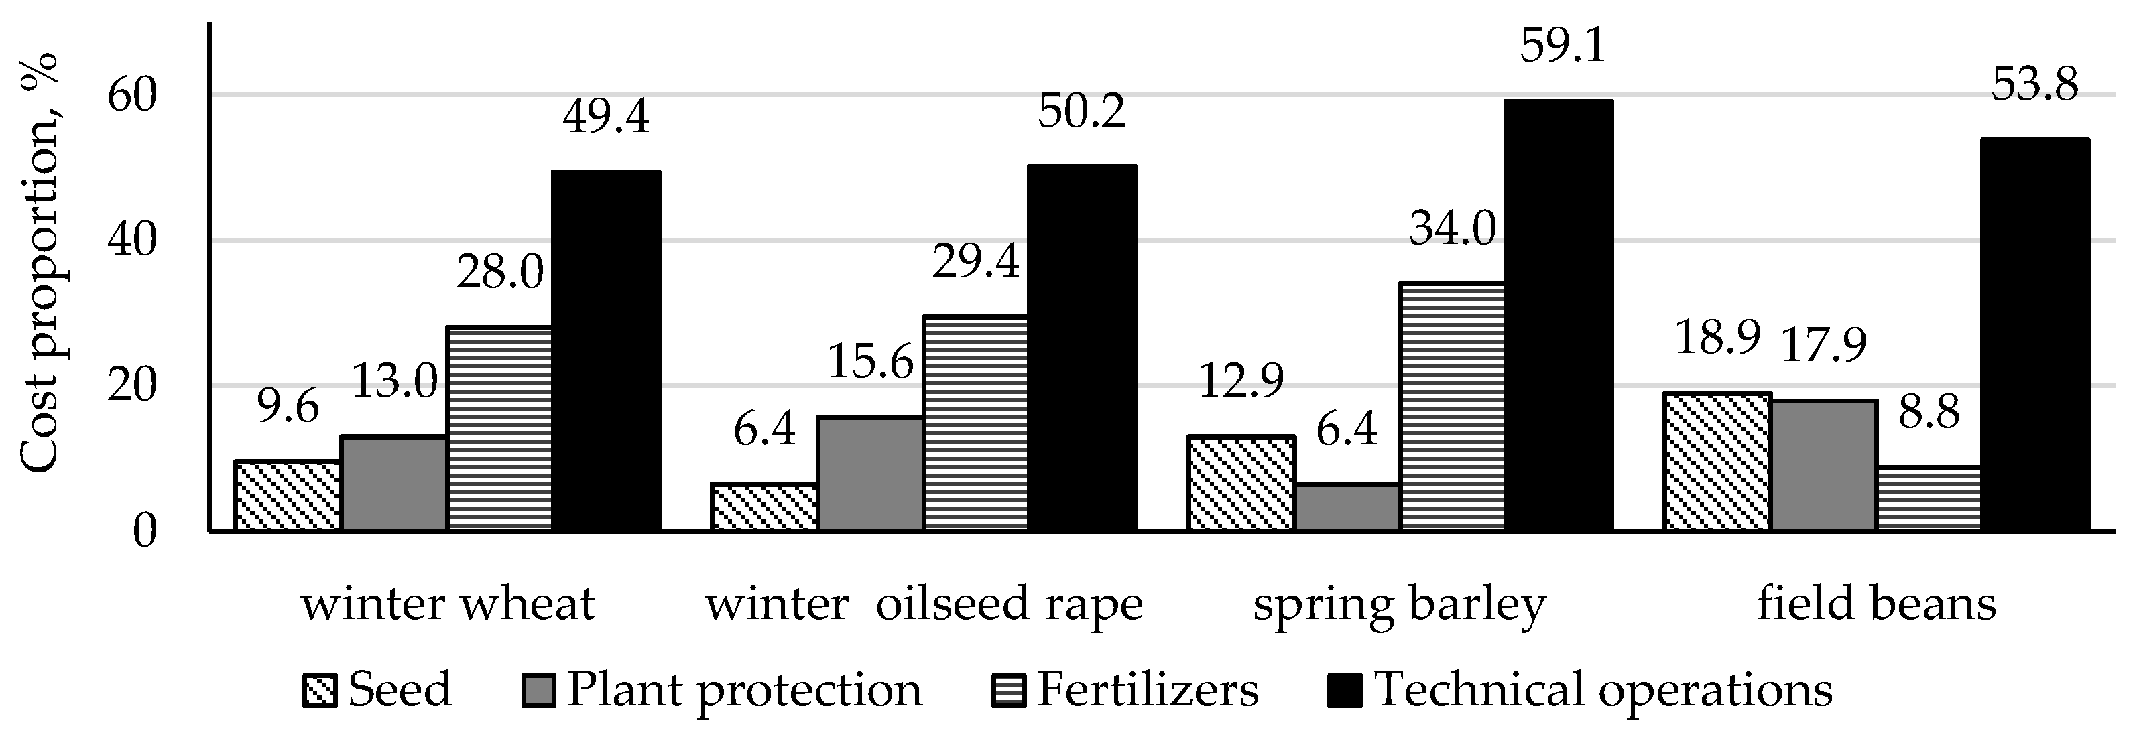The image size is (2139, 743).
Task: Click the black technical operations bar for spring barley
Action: pos(1559,316)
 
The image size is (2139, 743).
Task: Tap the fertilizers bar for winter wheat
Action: pos(499,427)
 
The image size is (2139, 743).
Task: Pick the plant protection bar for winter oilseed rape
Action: pos(870,473)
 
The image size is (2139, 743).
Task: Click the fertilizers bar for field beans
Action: pos(1928,498)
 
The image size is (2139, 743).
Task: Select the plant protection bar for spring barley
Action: pos(1347,506)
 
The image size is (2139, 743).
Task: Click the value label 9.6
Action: pos(288,409)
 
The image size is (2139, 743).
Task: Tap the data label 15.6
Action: pos(869,362)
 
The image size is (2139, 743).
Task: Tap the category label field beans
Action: pos(1875,604)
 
